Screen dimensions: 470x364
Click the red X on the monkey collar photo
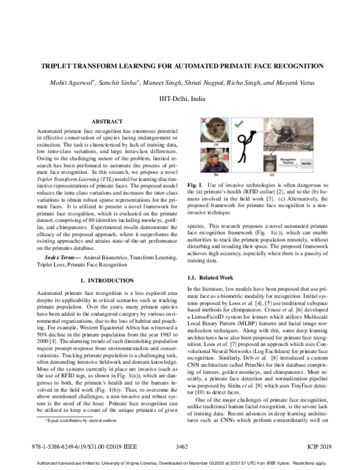click(x=203, y=121)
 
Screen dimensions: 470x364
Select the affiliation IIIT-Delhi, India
click(x=181, y=97)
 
